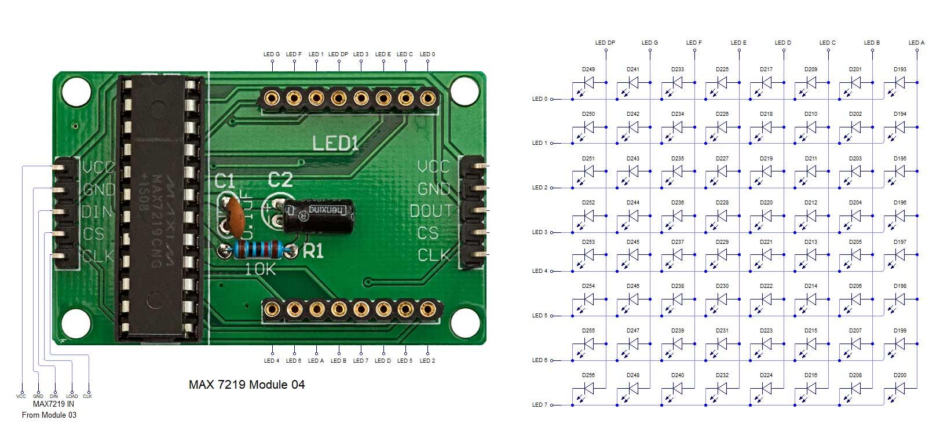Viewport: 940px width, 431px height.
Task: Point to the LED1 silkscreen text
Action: tap(335, 143)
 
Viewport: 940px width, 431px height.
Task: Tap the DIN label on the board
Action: tap(97, 212)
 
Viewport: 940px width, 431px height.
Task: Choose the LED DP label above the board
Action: tap(338, 54)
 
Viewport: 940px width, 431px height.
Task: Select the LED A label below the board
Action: tap(316, 361)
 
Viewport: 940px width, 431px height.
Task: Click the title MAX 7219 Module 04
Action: tap(247, 385)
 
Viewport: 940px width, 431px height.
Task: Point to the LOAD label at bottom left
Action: tap(72, 397)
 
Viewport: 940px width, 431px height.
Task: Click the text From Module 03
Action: tap(49, 415)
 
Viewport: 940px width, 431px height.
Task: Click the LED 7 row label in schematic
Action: tap(539, 405)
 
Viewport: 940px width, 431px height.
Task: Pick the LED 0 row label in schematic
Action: tap(539, 99)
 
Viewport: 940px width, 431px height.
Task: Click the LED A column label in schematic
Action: tap(916, 43)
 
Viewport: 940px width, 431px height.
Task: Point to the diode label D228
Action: tap(722, 203)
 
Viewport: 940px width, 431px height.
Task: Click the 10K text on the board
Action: tap(261, 269)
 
